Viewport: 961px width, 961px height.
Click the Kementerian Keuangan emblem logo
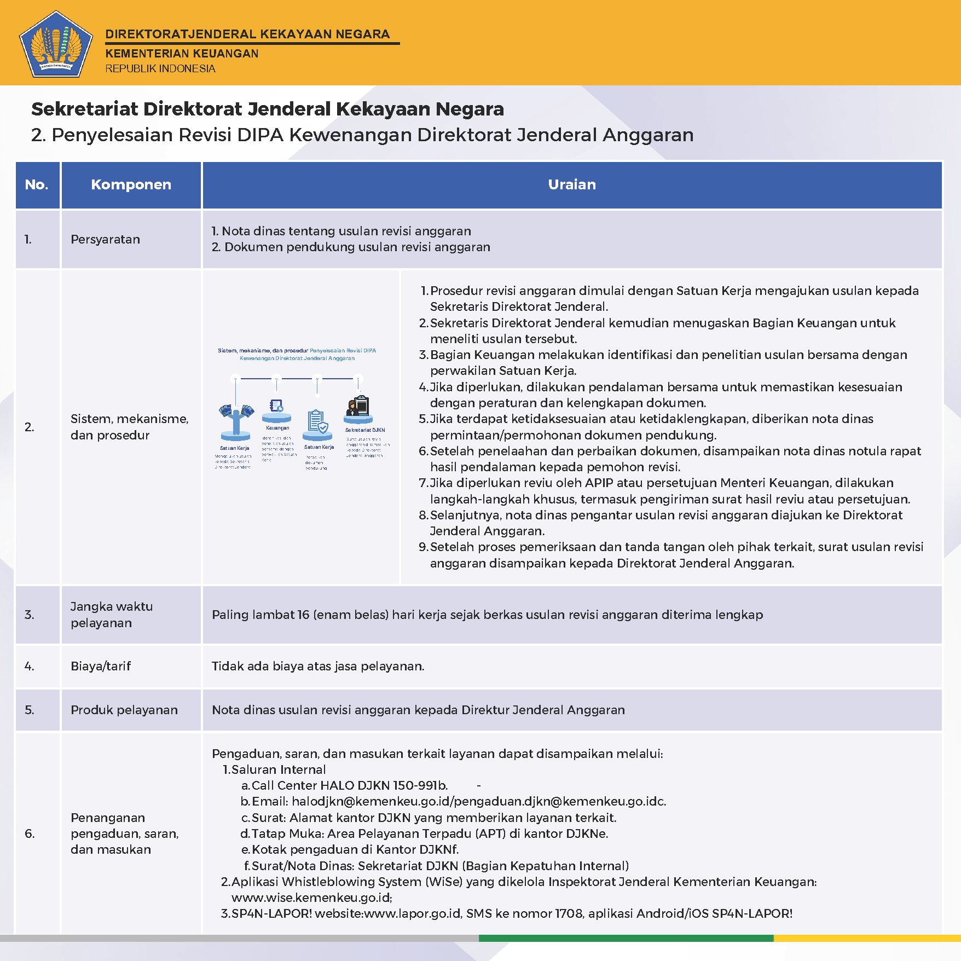pyautogui.click(x=56, y=44)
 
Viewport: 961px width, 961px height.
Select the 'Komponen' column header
pyautogui.click(x=131, y=184)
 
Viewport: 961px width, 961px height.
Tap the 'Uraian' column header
pyautogui.click(x=572, y=184)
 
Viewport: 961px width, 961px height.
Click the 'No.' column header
pyautogui.click(x=37, y=184)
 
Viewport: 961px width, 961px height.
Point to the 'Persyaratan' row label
pyautogui.click(x=105, y=239)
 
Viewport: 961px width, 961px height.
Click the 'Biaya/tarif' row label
pyautogui.click(x=101, y=666)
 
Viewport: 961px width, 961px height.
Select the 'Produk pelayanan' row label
pyautogui.click(x=124, y=710)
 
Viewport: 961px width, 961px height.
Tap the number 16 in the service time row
pyautogui.click(x=303, y=615)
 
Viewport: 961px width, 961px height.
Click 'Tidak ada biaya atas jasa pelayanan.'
pyautogui.click(x=318, y=666)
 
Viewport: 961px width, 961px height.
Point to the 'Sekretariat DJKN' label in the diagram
pyautogui.click(x=364, y=430)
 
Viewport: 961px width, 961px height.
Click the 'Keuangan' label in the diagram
pyautogui.click(x=277, y=428)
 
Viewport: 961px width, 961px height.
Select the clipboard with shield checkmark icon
pyautogui.click(x=317, y=422)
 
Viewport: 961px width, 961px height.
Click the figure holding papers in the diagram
pyautogui.click(x=236, y=419)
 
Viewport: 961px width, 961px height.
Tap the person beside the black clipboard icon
pyautogui.click(x=351, y=408)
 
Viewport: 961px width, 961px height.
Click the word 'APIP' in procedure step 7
pyautogui.click(x=599, y=483)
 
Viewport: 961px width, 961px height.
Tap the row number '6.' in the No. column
pyautogui.click(x=30, y=833)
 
